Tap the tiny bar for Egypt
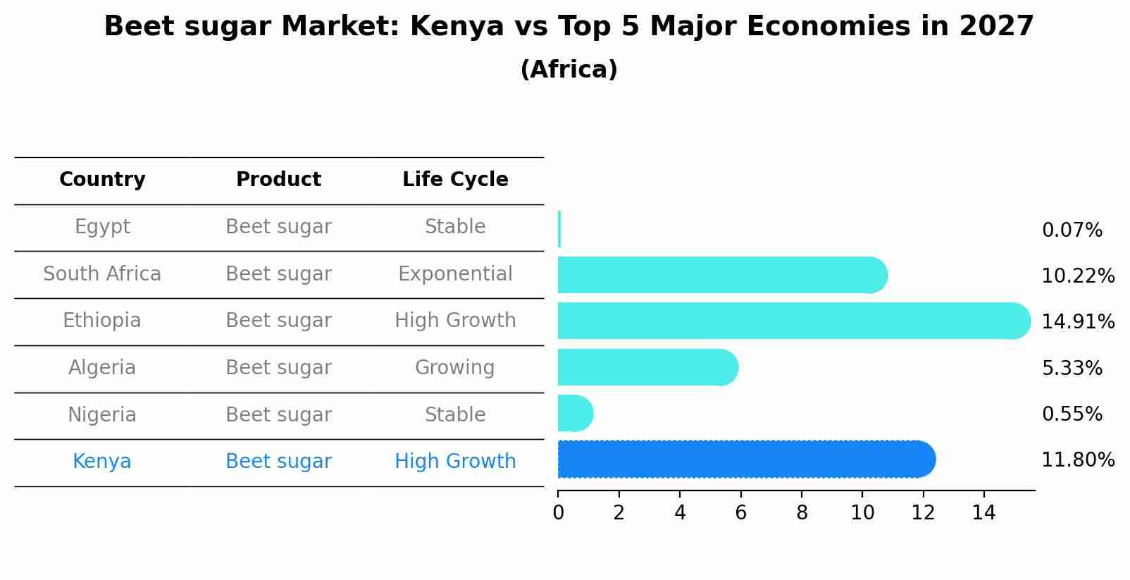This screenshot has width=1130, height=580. tap(559, 229)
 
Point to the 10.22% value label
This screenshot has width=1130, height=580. tap(1077, 276)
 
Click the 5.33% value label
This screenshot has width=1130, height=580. tap(1072, 368)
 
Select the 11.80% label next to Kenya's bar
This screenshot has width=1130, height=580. tap(1077, 460)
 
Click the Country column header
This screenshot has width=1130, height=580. tap(102, 180)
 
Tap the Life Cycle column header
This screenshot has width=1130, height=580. tap(455, 180)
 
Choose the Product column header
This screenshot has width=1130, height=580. tap(278, 180)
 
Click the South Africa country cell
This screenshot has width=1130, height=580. tap(102, 274)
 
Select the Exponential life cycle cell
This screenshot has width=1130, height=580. tap(455, 274)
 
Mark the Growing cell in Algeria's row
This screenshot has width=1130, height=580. tap(454, 368)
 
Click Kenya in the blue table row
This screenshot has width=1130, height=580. tap(101, 462)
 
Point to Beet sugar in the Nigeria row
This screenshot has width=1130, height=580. tap(278, 415)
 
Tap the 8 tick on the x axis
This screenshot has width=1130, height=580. tap(802, 512)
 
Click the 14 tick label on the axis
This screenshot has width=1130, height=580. tap(983, 512)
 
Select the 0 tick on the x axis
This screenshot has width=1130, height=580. tap(558, 512)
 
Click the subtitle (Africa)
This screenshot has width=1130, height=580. tap(569, 70)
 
